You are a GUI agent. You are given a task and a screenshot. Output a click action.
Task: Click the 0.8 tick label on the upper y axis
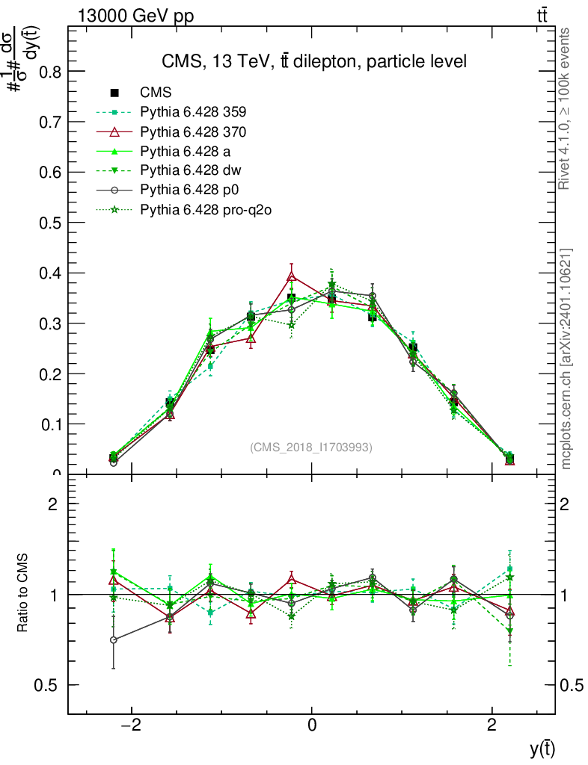(50, 72)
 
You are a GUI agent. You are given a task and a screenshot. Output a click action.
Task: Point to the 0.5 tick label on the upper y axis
(50, 223)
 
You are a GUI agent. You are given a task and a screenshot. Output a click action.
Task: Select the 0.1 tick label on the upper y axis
(50, 424)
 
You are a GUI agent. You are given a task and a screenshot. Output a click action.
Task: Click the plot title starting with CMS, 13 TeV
(314, 62)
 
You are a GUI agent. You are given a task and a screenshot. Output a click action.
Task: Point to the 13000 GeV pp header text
(135, 16)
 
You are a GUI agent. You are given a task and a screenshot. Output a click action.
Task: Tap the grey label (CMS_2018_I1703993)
(311, 447)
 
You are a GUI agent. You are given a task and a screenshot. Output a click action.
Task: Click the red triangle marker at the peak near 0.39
(293, 277)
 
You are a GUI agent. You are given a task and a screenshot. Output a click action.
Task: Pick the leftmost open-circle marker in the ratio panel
(114, 639)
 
